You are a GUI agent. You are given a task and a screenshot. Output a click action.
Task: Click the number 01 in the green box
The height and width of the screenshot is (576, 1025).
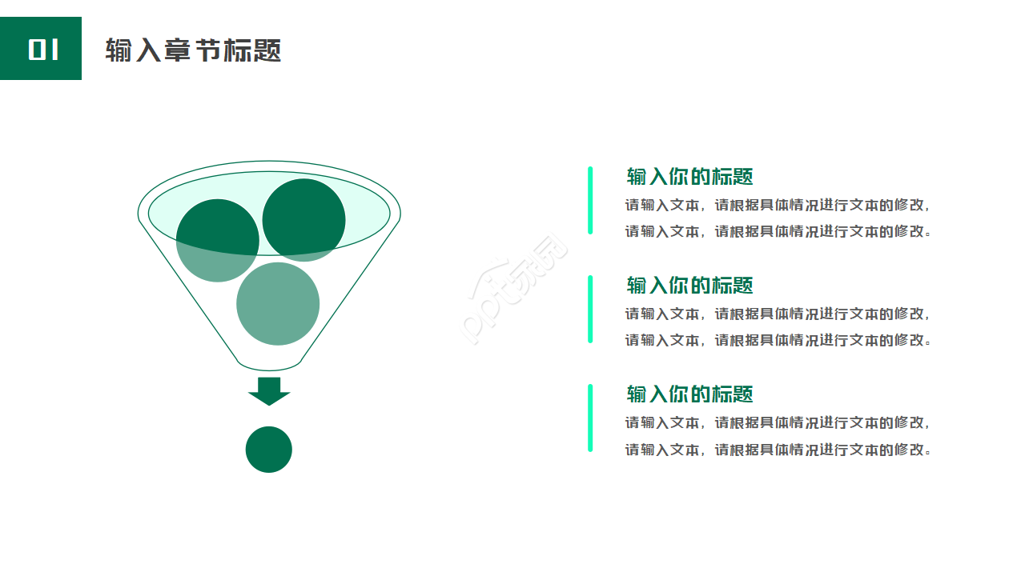pyautogui.click(x=43, y=50)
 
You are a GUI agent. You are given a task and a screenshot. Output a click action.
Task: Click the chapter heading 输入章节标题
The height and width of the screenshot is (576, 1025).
pyautogui.click(x=193, y=50)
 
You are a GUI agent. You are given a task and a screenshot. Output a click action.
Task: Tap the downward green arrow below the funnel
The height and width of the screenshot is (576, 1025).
pyautogui.click(x=269, y=391)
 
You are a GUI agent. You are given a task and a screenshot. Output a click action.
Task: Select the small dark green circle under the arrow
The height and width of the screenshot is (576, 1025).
pyautogui.click(x=268, y=450)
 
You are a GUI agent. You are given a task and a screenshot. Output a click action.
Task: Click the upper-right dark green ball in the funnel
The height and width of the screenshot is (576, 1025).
pyautogui.click(x=303, y=220)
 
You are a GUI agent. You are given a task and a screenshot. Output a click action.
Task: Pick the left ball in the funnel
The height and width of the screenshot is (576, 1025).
pyautogui.click(x=217, y=241)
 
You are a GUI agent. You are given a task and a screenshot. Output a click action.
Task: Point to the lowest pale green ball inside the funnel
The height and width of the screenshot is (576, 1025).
pyautogui.click(x=278, y=303)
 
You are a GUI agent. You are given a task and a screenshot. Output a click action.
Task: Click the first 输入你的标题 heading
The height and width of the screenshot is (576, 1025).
pyautogui.click(x=689, y=177)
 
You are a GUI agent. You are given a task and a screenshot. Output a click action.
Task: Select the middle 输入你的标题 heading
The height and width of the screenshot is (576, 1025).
pyautogui.click(x=689, y=286)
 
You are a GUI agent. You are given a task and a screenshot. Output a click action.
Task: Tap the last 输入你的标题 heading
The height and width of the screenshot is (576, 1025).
pyautogui.click(x=689, y=394)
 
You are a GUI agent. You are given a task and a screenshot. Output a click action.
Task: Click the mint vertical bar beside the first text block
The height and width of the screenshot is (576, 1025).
pyautogui.click(x=590, y=200)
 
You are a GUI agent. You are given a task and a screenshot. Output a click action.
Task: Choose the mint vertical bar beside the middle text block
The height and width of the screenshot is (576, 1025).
pyautogui.click(x=590, y=309)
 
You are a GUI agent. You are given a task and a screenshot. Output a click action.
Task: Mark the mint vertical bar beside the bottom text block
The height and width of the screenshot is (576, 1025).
pyautogui.click(x=590, y=418)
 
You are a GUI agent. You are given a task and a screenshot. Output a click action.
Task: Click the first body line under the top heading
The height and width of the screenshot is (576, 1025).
pyautogui.click(x=778, y=206)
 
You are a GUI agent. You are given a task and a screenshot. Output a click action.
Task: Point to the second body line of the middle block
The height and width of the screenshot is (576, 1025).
pyautogui.click(x=778, y=341)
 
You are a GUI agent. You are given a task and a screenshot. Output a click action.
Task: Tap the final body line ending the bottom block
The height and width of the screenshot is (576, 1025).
pyautogui.click(x=778, y=450)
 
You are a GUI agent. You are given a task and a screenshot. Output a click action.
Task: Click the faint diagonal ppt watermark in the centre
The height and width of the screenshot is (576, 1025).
pyautogui.click(x=513, y=289)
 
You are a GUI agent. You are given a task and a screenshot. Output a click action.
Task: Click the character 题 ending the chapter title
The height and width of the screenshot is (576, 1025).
pyautogui.click(x=267, y=50)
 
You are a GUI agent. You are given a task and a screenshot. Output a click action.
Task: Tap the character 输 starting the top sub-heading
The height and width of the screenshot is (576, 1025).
pyautogui.click(x=637, y=177)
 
